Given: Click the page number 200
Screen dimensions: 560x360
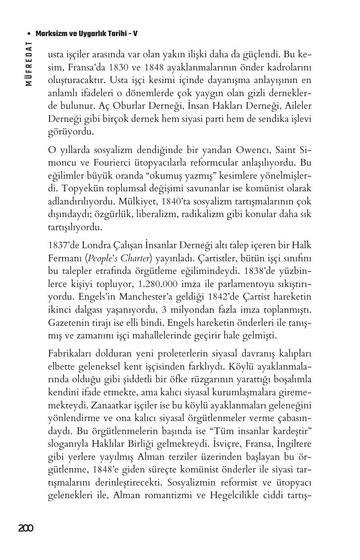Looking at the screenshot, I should [x=26, y=528].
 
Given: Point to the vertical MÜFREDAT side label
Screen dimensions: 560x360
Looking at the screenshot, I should [x=29, y=64].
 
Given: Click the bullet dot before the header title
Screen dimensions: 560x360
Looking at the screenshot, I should [x=29, y=34].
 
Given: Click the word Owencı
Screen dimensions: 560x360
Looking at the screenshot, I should [x=261, y=150].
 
